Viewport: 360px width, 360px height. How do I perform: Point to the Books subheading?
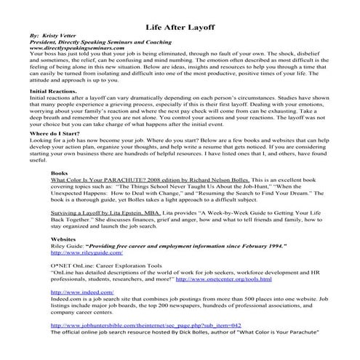pos(60,185)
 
